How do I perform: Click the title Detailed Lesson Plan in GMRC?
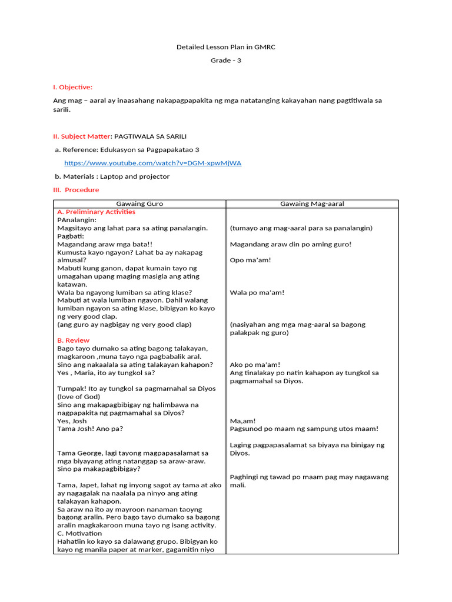coord(226,47)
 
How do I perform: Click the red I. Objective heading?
coord(72,87)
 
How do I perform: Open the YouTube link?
coord(152,163)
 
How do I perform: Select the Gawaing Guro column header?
coord(139,203)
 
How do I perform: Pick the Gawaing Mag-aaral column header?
coord(312,203)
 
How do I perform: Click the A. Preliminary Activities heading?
coord(96,212)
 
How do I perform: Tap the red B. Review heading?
coord(73,340)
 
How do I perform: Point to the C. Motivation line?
coord(79,533)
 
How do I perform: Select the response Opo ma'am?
coord(250,260)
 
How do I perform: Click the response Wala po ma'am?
coord(257,292)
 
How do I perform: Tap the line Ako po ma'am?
coord(255,364)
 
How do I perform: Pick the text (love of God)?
coord(78,397)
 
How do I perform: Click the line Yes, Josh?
coord(72,421)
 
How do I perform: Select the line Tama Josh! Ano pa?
coord(91,429)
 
